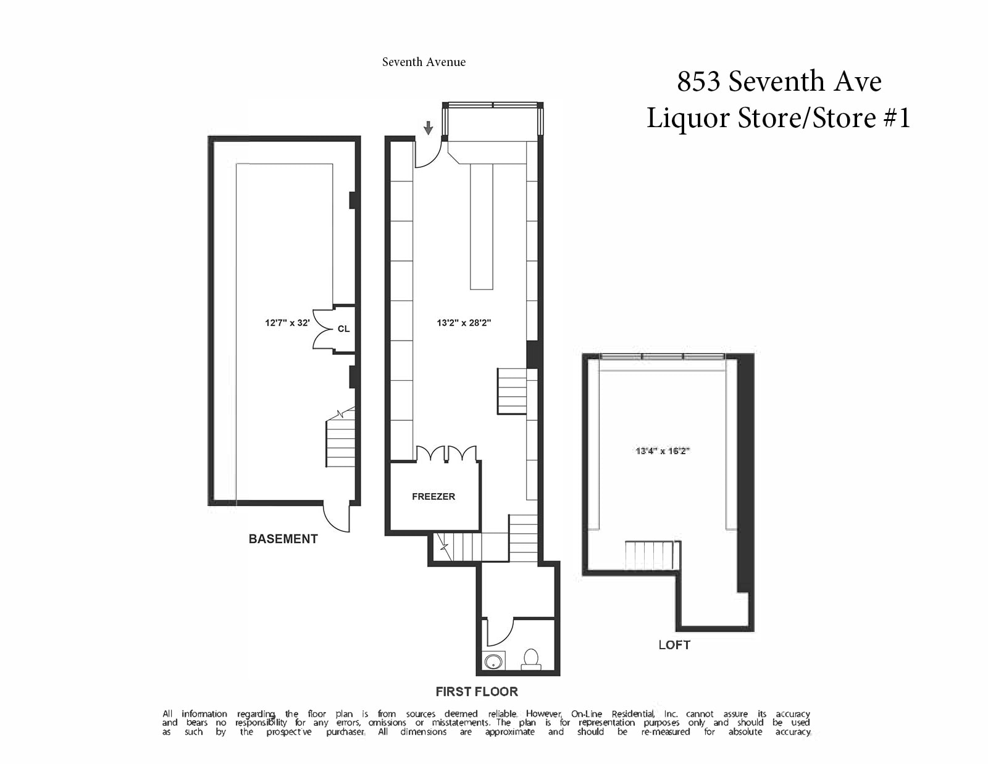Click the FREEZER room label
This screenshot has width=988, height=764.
tap(433, 496)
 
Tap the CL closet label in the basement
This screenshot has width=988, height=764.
tap(344, 329)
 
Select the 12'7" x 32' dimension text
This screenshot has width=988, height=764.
tap(287, 323)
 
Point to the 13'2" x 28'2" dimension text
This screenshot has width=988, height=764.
tap(464, 323)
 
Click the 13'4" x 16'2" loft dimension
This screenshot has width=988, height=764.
tap(663, 451)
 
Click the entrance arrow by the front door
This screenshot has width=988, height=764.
tap(429, 128)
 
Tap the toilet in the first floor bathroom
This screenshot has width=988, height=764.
tap(530, 660)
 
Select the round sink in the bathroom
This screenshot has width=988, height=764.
tap(493, 661)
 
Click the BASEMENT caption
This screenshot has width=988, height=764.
tap(283, 539)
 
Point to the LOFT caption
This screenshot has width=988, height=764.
tap(674, 645)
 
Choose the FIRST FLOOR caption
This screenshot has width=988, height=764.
tap(477, 692)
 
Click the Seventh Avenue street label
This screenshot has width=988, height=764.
tap(424, 62)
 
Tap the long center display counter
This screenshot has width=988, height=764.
tap(482, 226)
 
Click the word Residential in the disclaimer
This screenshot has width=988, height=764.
tap(633, 713)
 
